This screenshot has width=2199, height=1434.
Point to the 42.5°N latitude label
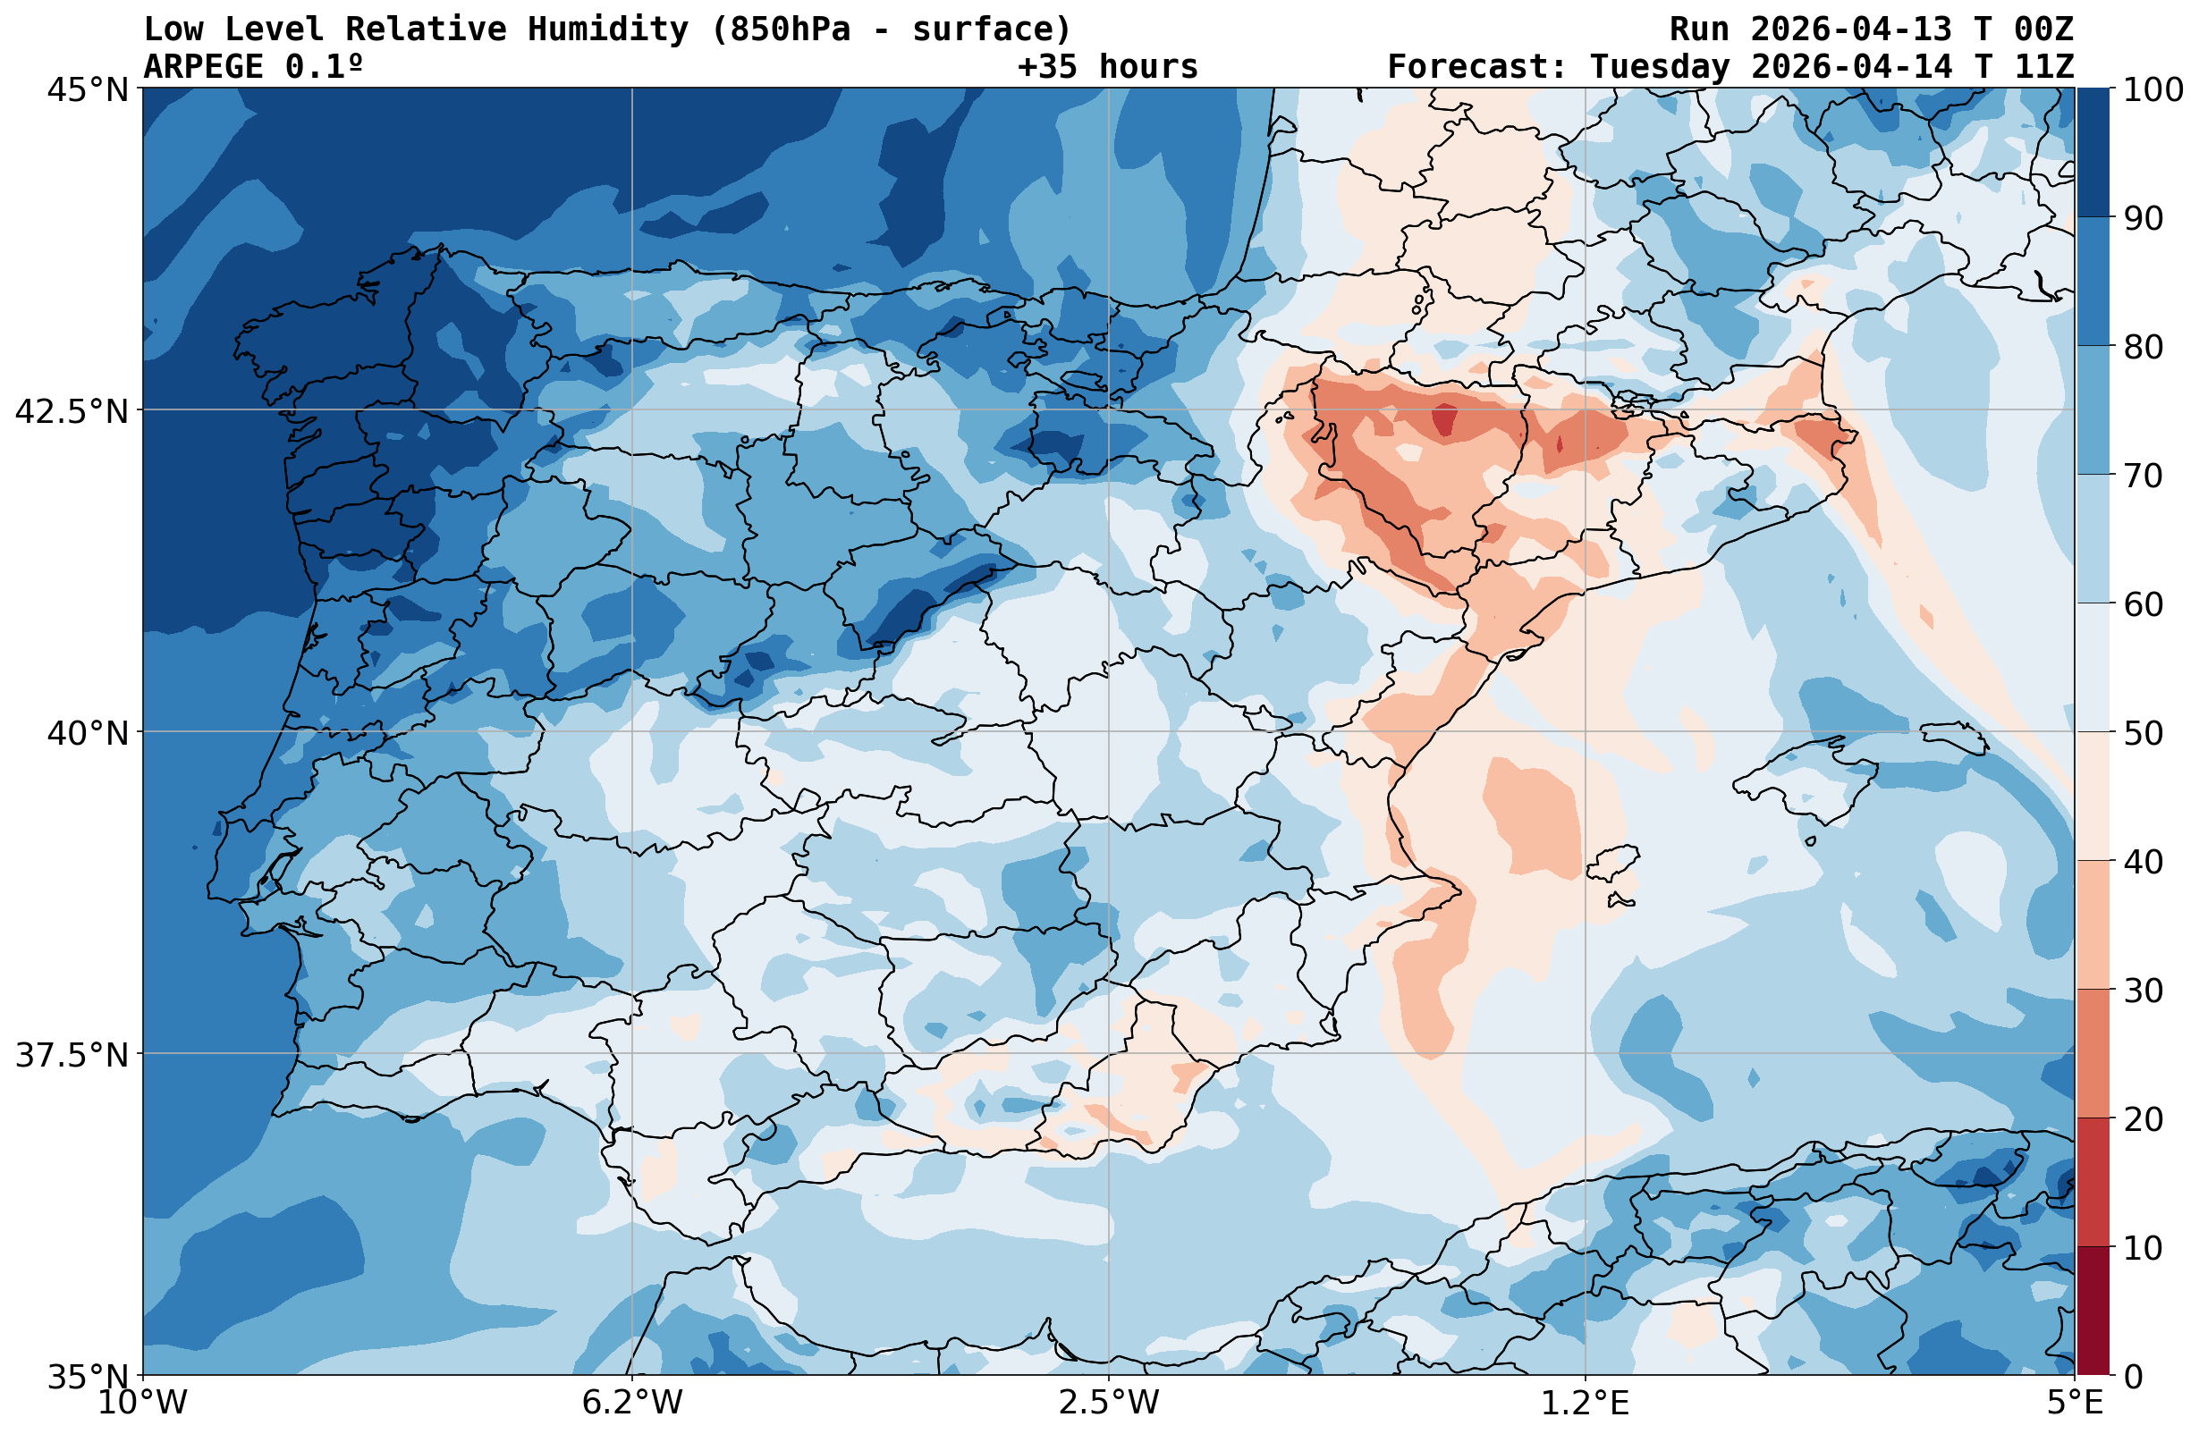72,411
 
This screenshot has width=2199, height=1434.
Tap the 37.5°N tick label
72,1055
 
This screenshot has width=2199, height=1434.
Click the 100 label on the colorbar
2153,90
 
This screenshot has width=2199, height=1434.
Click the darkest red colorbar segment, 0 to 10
2093,1312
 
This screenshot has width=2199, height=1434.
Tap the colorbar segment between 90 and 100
2093,154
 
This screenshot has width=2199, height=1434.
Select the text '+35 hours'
1108,66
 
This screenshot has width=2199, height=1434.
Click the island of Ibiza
1613,863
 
